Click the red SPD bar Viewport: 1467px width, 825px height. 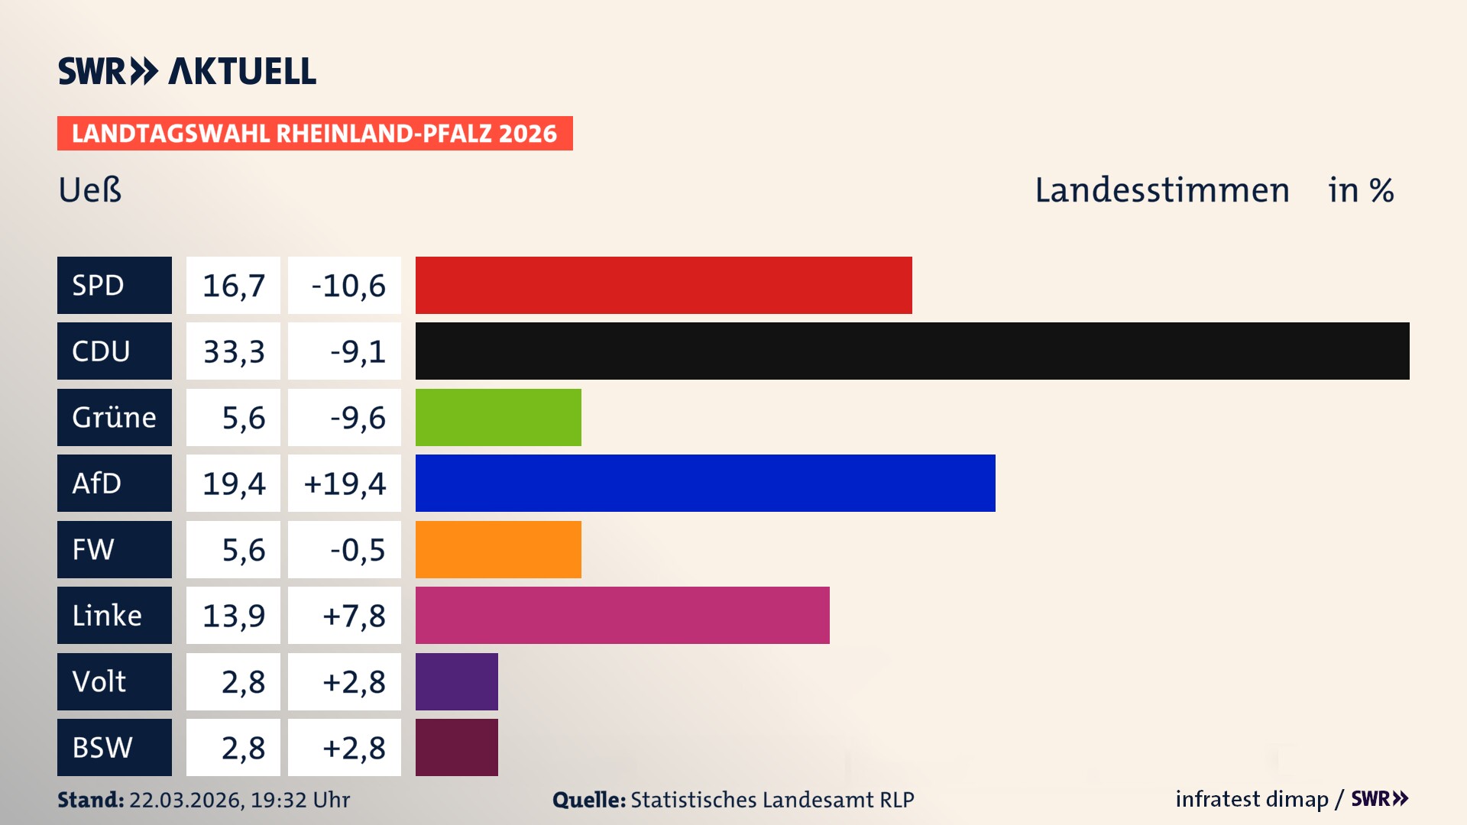click(663, 285)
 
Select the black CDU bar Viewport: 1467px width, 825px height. click(912, 351)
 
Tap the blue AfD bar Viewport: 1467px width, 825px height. click(704, 483)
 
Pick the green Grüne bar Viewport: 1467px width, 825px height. click(498, 417)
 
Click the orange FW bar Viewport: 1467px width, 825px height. click(498, 549)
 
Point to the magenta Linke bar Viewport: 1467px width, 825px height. click(622, 615)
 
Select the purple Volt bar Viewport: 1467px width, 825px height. click(456, 681)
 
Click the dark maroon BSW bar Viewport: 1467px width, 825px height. click(456, 747)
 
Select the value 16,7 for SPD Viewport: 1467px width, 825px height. click(233, 286)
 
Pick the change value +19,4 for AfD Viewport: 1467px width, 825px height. click(345, 484)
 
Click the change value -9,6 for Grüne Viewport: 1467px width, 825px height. click(357, 418)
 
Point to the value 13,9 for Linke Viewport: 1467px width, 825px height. click(233, 616)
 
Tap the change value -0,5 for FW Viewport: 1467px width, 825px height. click(357, 550)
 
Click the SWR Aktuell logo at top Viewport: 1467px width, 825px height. click(186, 71)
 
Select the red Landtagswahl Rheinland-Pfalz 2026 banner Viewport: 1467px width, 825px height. click(314, 133)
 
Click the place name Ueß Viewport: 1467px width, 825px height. click(90, 190)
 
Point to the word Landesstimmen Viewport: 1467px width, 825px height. click(1161, 190)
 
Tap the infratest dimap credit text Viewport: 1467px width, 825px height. click(1252, 799)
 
